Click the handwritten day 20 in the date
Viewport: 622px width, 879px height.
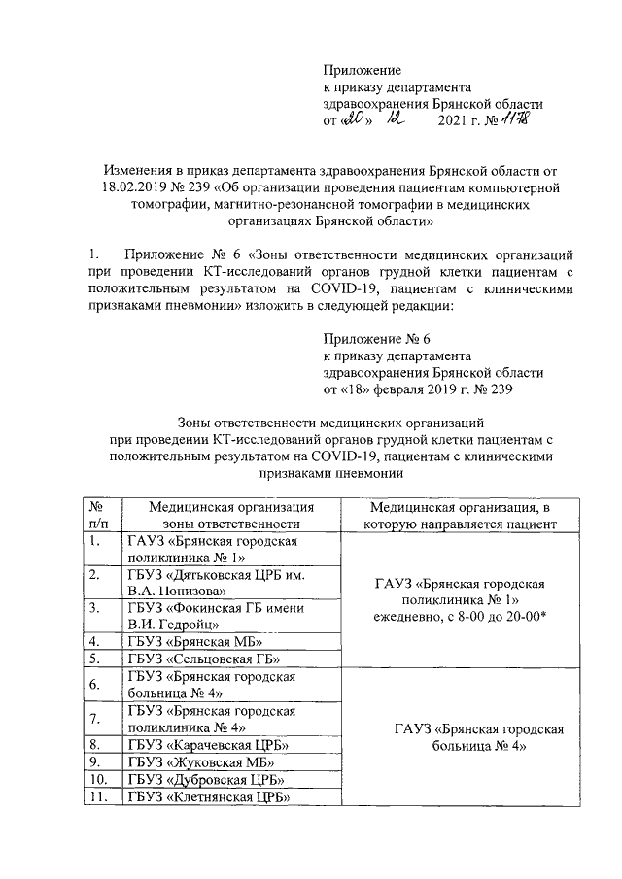(352, 120)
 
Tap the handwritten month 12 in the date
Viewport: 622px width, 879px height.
(395, 120)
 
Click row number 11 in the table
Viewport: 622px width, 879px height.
(97, 798)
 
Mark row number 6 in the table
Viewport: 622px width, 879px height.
(97, 686)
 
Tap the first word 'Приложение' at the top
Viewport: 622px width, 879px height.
(362, 71)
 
